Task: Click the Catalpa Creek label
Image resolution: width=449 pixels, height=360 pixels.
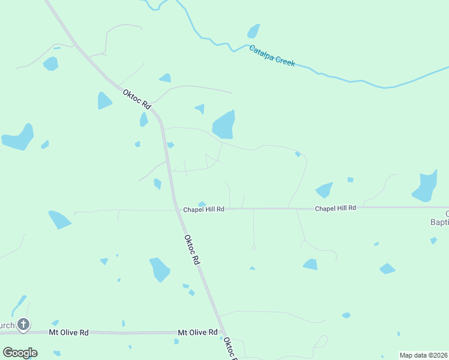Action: (272, 55)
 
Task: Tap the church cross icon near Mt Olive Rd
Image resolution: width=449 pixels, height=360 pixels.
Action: (23, 325)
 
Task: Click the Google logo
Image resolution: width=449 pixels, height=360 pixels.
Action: (20, 352)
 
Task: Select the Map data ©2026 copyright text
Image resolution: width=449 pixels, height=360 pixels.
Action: (423, 355)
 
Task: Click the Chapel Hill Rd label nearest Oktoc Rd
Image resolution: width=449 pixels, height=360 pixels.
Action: (203, 209)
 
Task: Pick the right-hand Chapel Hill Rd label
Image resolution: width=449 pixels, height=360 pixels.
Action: (336, 208)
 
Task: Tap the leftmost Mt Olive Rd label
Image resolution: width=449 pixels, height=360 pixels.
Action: (68, 332)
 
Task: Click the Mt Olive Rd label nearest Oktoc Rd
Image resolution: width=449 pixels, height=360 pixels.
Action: (197, 332)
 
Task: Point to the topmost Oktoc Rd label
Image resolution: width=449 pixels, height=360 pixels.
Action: (136, 99)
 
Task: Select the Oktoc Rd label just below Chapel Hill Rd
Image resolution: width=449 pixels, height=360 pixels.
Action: (191, 250)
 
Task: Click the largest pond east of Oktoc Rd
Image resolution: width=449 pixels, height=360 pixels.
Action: (223, 125)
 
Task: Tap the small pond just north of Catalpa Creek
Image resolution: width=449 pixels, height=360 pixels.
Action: (254, 31)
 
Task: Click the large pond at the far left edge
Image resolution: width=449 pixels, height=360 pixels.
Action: (19, 138)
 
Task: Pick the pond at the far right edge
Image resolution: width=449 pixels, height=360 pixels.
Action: (425, 187)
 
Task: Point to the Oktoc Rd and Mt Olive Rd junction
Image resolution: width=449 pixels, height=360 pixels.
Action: (221, 332)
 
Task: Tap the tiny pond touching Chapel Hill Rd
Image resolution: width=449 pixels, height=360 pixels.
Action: (202, 204)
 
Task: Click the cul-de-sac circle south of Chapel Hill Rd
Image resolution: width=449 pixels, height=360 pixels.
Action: (254, 247)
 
